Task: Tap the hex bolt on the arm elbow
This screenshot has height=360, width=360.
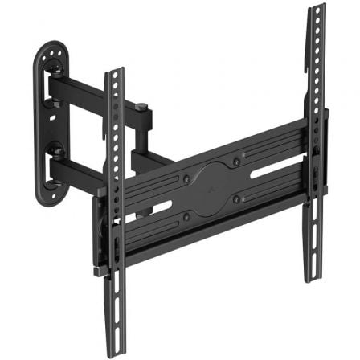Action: click(142, 105)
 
